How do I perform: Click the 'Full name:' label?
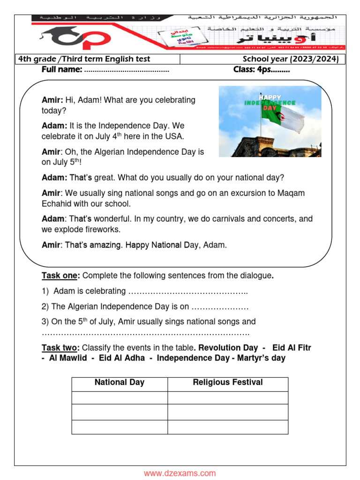click(x=62, y=70)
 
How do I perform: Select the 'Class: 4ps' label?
click(x=261, y=70)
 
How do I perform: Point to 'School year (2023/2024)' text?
click(x=290, y=59)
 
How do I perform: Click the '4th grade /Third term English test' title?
click(x=84, y=59)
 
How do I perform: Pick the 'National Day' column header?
click(x=120, y=382)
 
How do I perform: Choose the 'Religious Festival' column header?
click(x=228, y=382)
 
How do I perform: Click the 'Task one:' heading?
click(x=60, y=275)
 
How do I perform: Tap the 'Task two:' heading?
click(x=60, y=348)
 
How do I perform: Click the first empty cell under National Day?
click(x=120, y=397)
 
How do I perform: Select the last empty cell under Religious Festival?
click(x=228, y=427)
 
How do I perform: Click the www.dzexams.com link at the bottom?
click(x=180, y=473)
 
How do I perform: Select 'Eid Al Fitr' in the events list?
click(x=292, y=348)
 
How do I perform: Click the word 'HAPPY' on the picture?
click(x=270, y=97)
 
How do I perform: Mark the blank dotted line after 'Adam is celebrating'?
click(x=187, y=292)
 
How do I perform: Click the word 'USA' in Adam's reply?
click(x=175, y=137)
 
